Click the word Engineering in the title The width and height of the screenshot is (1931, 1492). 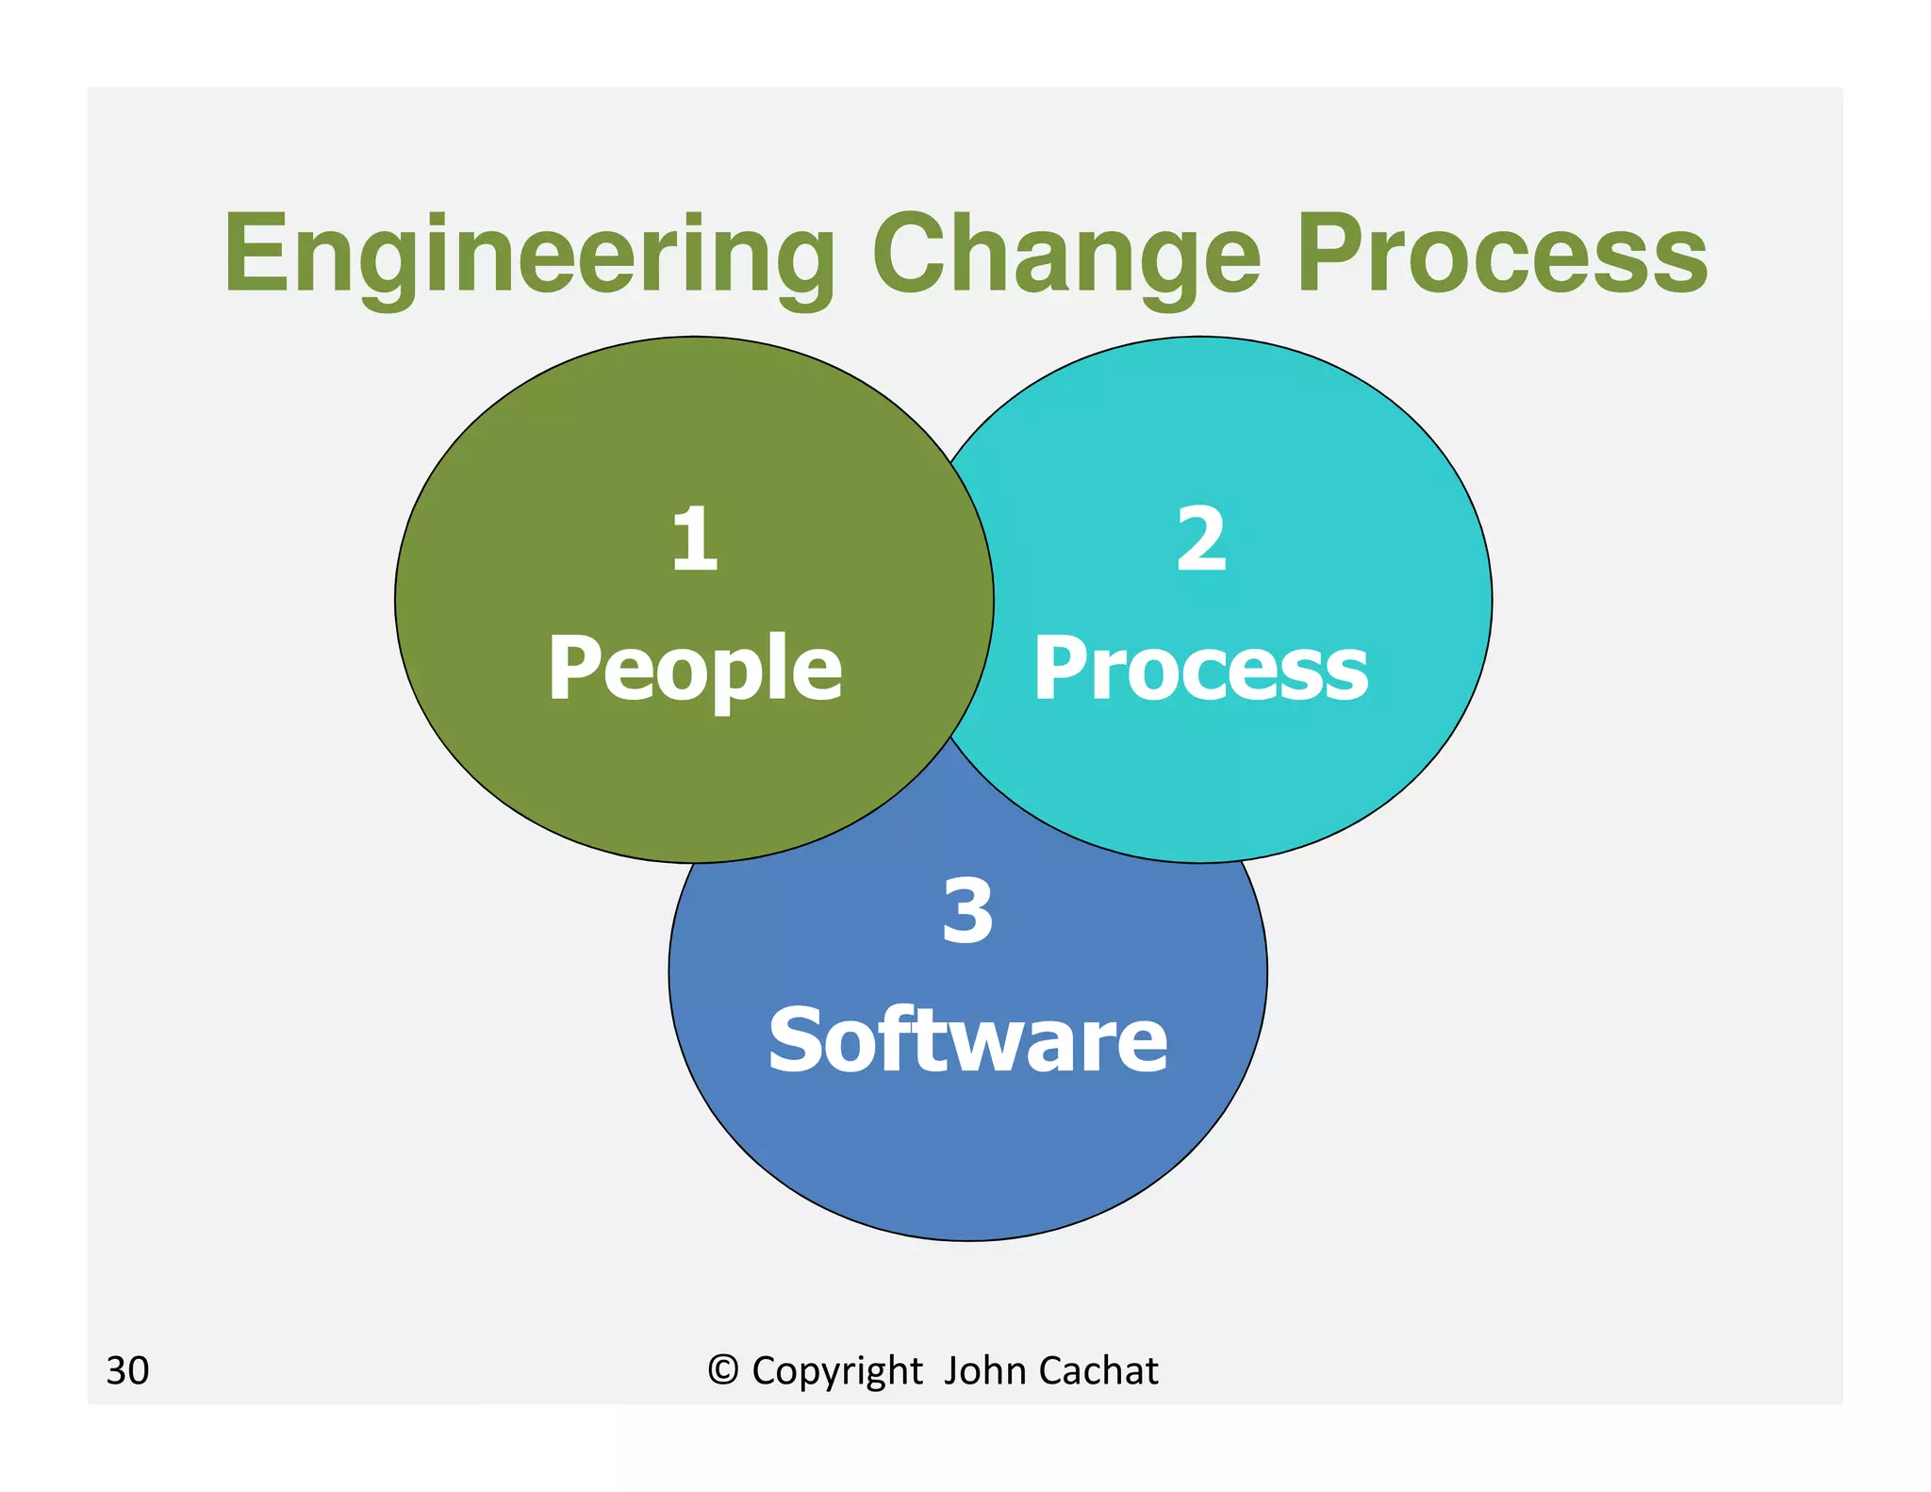[x=529, y=255]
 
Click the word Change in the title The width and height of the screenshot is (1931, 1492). [x=1065, y=255]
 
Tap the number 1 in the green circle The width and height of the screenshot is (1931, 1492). [x=695, y=539]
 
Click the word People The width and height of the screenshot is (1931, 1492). [x=695, y=668]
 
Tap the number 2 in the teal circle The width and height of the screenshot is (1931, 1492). [x=1201, y=539]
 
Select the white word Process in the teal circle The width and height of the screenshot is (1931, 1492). [x=1200, y=668]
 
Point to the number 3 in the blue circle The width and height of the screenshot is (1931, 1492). [x=967, y=911]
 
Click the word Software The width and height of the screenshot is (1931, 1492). [x=967, y=1039]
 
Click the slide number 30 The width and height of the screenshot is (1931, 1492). [x=127, y=1370]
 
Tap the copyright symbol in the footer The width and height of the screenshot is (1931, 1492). [x=723, y=1369]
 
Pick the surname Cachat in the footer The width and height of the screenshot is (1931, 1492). [x=1098, y=1370]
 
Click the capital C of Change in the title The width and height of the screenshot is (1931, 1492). [x=911, y=253]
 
